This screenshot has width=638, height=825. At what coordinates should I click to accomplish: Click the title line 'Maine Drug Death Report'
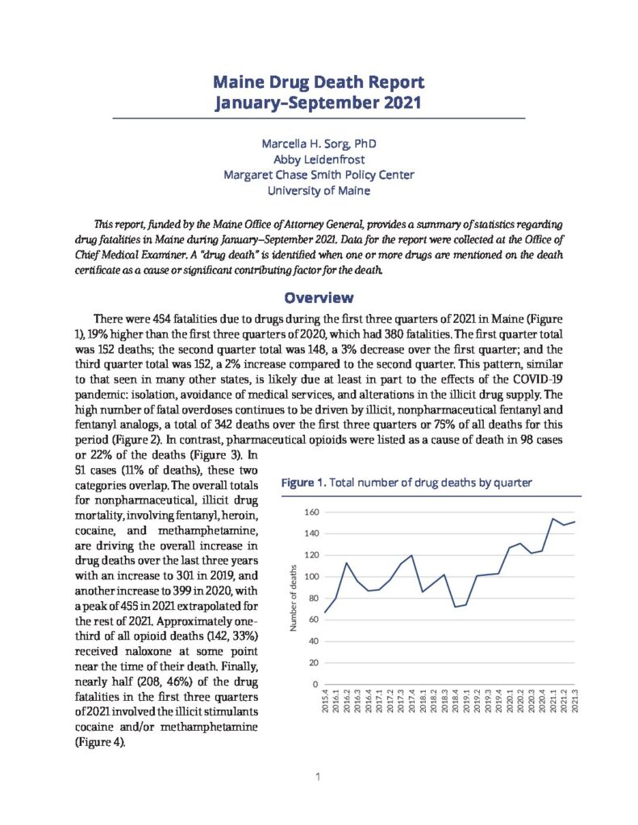[318, 82]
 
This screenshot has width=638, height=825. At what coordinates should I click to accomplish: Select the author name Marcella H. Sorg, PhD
[318, 143]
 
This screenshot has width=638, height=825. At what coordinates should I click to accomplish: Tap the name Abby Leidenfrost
[318, 159]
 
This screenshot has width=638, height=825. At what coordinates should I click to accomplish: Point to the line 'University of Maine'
[318, 191]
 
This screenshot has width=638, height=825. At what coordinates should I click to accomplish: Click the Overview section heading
[318, 296]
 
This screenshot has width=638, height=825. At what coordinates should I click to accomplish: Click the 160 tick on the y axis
[311, 512]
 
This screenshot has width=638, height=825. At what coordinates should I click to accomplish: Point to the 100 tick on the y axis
[311, 577]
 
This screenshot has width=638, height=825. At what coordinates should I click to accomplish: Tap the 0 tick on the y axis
[315, 684]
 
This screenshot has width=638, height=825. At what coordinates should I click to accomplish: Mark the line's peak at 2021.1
[553, 519]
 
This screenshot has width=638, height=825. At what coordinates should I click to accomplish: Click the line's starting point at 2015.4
[326, 613]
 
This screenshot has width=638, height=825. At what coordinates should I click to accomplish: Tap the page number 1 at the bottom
[319, 777]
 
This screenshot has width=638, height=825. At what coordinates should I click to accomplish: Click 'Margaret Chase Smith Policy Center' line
[318, 175]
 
